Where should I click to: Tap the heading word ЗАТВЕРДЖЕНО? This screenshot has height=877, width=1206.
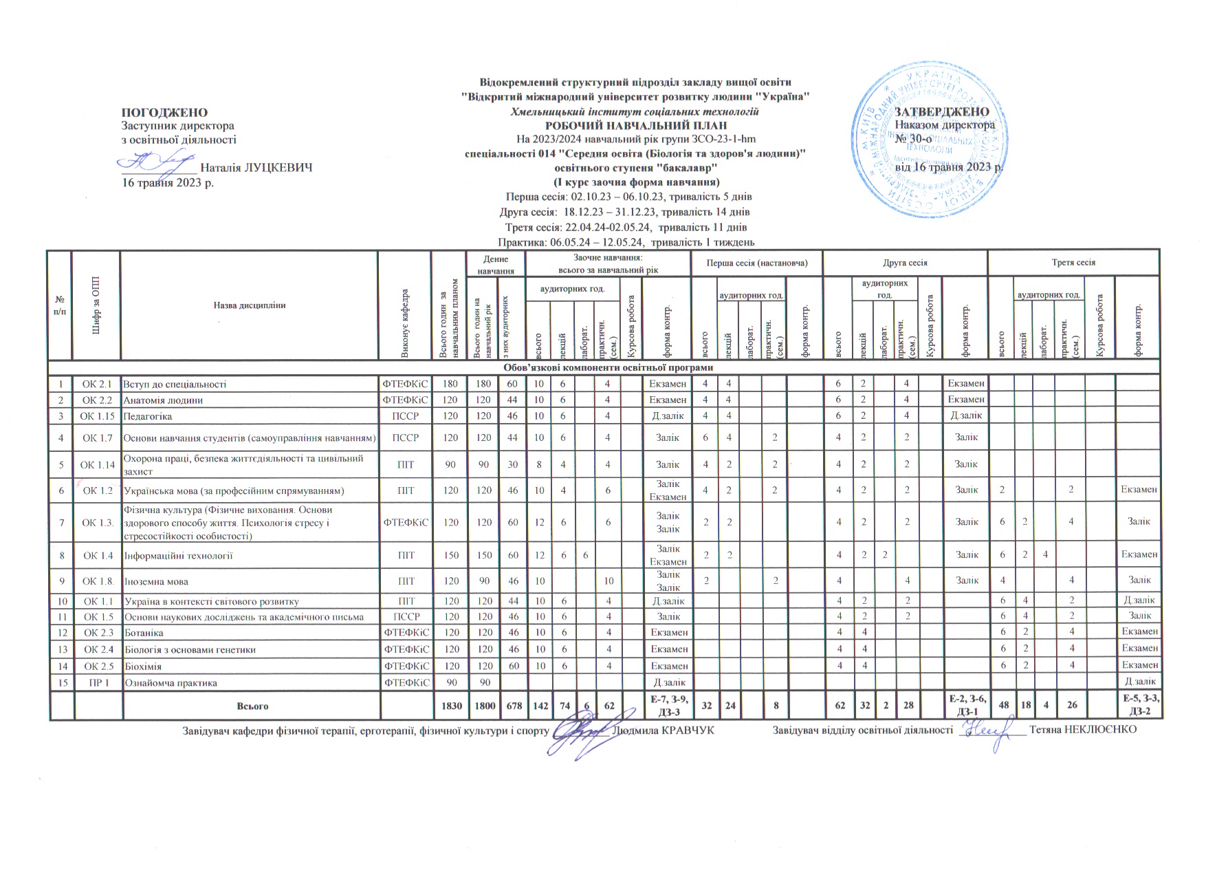click(941, 112)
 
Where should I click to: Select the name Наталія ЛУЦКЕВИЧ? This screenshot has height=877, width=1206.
click(256, 167)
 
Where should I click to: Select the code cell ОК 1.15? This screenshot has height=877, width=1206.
click(96, 416)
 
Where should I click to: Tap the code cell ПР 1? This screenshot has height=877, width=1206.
click(96, 683)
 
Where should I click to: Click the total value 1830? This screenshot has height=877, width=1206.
click(451, 706)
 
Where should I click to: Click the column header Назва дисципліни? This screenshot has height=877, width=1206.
click(249, 305)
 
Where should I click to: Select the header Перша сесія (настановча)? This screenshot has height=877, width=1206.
click(756, 263)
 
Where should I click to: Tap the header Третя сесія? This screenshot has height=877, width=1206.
click(1073, 263)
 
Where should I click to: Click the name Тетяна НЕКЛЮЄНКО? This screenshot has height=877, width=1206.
click(1083, 729)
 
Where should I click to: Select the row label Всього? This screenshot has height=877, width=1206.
click(252, 706)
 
